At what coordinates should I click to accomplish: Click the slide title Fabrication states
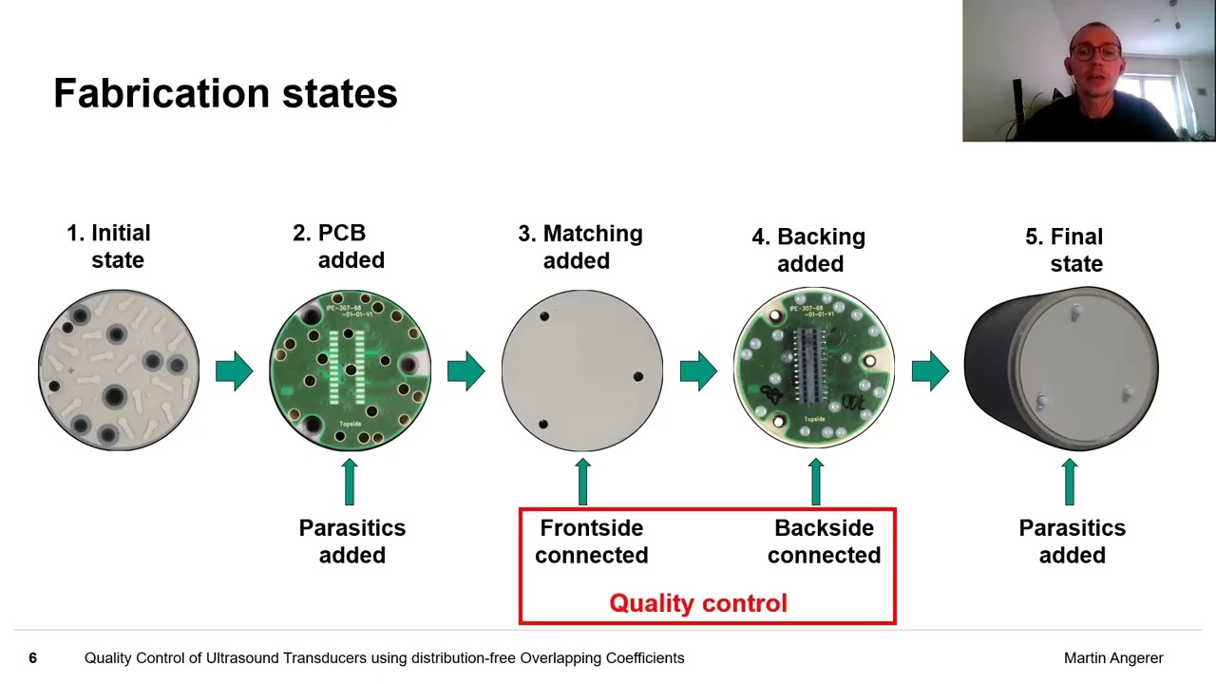[x=225, y=93]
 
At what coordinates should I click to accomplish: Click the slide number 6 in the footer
[x=32, y=657]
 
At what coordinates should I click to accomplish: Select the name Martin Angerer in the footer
[x=1112, y=657]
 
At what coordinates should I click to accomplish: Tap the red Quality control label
[x=697, y=603]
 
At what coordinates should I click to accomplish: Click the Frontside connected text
[x=591, y=541]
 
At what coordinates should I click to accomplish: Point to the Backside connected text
[x=824, y=541]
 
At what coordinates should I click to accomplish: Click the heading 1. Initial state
[x=109, y=246]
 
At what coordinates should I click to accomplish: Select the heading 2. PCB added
[x=339, y=246]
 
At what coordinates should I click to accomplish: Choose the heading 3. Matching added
[x=580, y=246]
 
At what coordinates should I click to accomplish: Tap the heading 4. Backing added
[x=808, y=249]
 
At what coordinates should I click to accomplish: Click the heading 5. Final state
[x=1065, y=249]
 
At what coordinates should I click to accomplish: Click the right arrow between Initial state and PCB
[x=234, y=370]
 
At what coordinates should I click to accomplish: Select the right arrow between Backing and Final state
[x=929, y=370]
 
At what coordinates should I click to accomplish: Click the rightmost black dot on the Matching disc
[x=637, y=377]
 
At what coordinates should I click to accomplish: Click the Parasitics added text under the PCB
[x=351, y=541]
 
